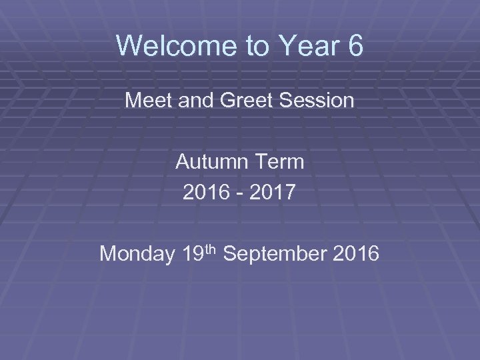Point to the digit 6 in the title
354,47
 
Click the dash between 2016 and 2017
239,194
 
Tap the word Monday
136,254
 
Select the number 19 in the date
191,254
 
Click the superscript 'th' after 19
211,249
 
